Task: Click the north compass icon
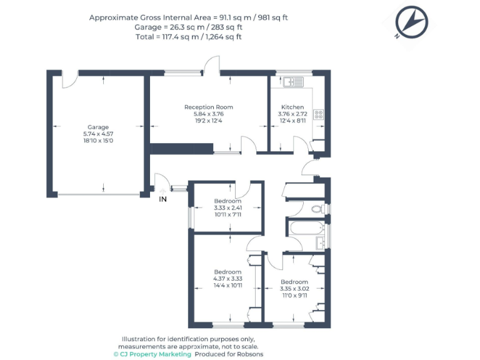(x=411, y=22)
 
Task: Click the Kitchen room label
(x=292, y=107)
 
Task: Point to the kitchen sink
(x=292, y=82)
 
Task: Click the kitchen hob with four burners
(x=319, y=114)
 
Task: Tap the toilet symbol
(x=318, y=208)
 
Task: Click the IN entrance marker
(x=162, y=199)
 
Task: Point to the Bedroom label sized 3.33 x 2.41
(x=227, y=201)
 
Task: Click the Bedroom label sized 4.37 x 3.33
(x=227, y=272)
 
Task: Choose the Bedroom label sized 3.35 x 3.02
(x=294, y=282)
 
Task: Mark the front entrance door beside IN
(x=161, y=182)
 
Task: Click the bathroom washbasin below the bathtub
(x=320, y=242)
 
